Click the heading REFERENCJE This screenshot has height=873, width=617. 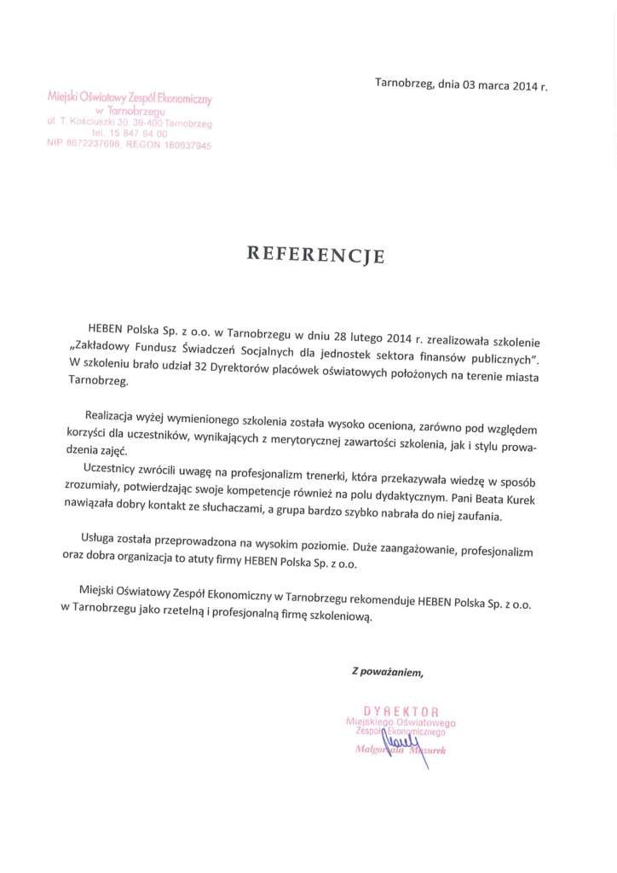click(316, 254)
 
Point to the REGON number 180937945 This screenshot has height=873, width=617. click(183, 146)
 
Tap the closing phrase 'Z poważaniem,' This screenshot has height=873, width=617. click(388, 672)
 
